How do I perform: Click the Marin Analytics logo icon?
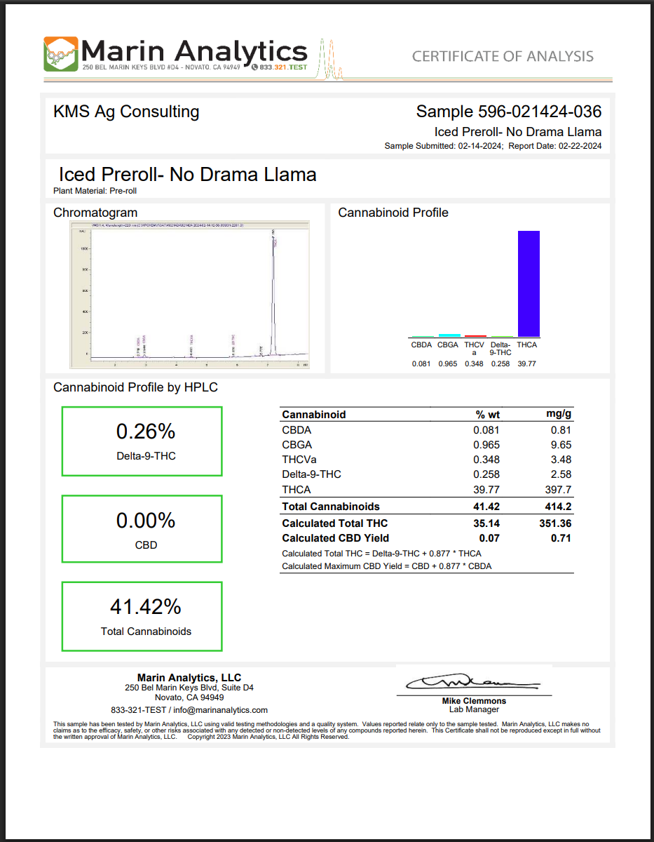[x=61, y=54]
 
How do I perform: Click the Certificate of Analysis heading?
[x=503, y=56]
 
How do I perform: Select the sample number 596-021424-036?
[x=539, y=112]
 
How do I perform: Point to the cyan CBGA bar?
[x=449, y=335]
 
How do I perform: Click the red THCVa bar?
[x=475, y=336]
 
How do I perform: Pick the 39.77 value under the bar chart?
[x=527, y=363]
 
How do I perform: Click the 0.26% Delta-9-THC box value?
[x=145, y=431]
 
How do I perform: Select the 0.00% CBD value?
[x=145, y=521]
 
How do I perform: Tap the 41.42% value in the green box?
[x=145, y=606]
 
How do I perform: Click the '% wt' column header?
[x=487, y=415]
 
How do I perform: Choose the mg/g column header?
[x=559, y=415]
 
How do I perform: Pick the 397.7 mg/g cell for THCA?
[x=558, y=489]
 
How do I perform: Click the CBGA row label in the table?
[x=297, y=445]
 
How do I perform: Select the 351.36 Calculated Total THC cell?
[x=553, y=523]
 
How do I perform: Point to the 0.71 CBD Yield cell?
[x=561, y=538]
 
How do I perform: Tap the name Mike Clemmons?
[x=474, y=701]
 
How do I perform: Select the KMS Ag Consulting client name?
[x=126, y=112]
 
